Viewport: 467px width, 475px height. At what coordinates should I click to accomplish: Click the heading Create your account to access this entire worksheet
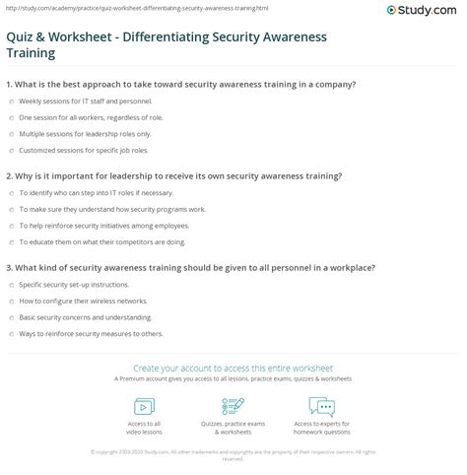tap(233, 369)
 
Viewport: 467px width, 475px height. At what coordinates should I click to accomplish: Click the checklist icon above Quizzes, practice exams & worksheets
tap(233, 406)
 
